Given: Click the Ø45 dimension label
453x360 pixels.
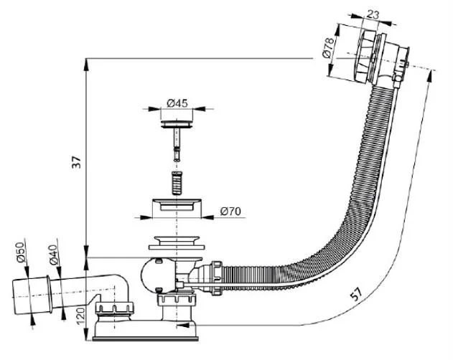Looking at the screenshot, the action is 177,103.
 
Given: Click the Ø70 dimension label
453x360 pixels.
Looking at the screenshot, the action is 230,212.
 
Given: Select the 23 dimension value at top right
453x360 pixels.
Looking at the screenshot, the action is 373,14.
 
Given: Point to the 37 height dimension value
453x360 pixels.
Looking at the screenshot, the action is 77,162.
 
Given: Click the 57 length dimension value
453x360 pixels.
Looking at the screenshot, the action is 356,294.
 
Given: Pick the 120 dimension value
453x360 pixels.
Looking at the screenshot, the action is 80,317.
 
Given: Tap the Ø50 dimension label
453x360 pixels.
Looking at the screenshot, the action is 21,252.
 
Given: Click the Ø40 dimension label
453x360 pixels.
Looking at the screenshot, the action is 53,255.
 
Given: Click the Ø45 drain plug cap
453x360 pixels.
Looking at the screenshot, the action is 177,124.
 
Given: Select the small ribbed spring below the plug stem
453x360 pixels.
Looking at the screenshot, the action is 177,183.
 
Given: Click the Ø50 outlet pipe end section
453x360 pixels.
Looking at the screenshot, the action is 31,296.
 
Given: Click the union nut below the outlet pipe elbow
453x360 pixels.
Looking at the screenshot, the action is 115,308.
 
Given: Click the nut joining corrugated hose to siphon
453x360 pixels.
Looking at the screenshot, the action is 217,278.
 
